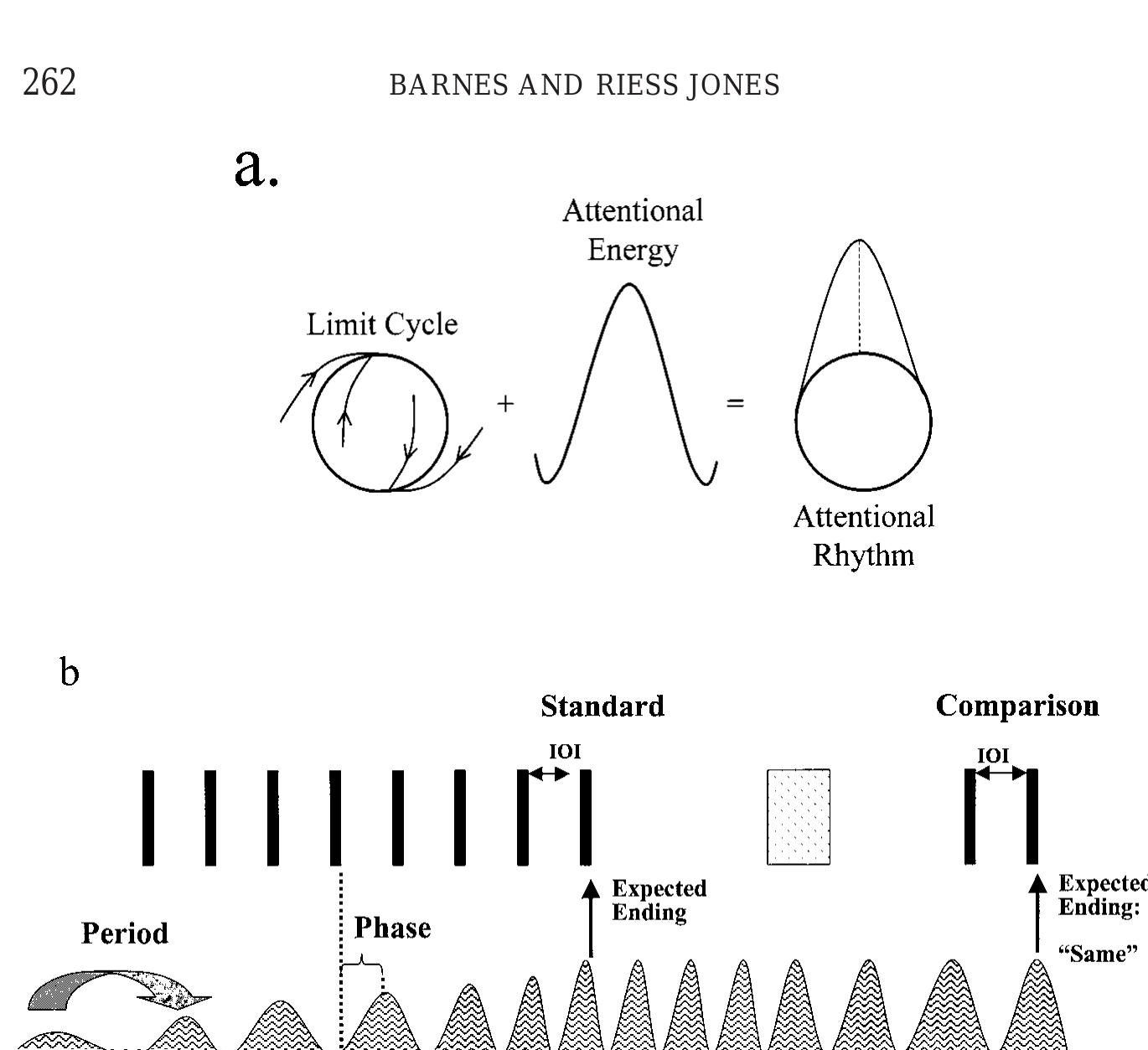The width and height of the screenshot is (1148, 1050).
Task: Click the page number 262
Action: pyautogui.click(x=49, y=83)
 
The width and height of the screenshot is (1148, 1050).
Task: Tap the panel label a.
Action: pyautogui.click(x=256, y=167)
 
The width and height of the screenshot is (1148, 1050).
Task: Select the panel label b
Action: pyautogui.click(x=70, y=672)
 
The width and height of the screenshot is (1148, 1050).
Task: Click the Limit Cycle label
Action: pyautogui.click(x=382, y=324)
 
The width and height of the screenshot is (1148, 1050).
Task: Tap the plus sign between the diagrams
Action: pyautogui.click(x=505, y=404)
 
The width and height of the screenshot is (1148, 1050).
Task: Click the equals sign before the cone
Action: pyautogui.click(x=735, y=404)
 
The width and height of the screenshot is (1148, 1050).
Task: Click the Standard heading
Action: pyautogui.click(x=602, y=706)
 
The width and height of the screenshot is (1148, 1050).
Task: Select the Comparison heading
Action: pyautogui.click(x=1017, y=706)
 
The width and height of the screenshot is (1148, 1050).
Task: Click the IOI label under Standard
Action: pyautogui.click(x=564, y=752)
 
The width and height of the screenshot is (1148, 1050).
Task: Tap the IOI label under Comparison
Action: pyautogui.click(x=993, y=756)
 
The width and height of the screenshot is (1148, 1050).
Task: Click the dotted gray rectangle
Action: pyautogui.click(x=799, y=817)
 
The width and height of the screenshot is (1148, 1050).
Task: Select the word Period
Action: pyautogui.click(x=125, y=934)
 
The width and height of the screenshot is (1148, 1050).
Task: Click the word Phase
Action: pyautogui.click(x=392, y=928)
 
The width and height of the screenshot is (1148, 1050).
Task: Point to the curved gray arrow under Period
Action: pyautogui.click(x=117, y=991)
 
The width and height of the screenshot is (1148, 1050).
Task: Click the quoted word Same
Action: pyautogui.click(x=1098, y=954)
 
